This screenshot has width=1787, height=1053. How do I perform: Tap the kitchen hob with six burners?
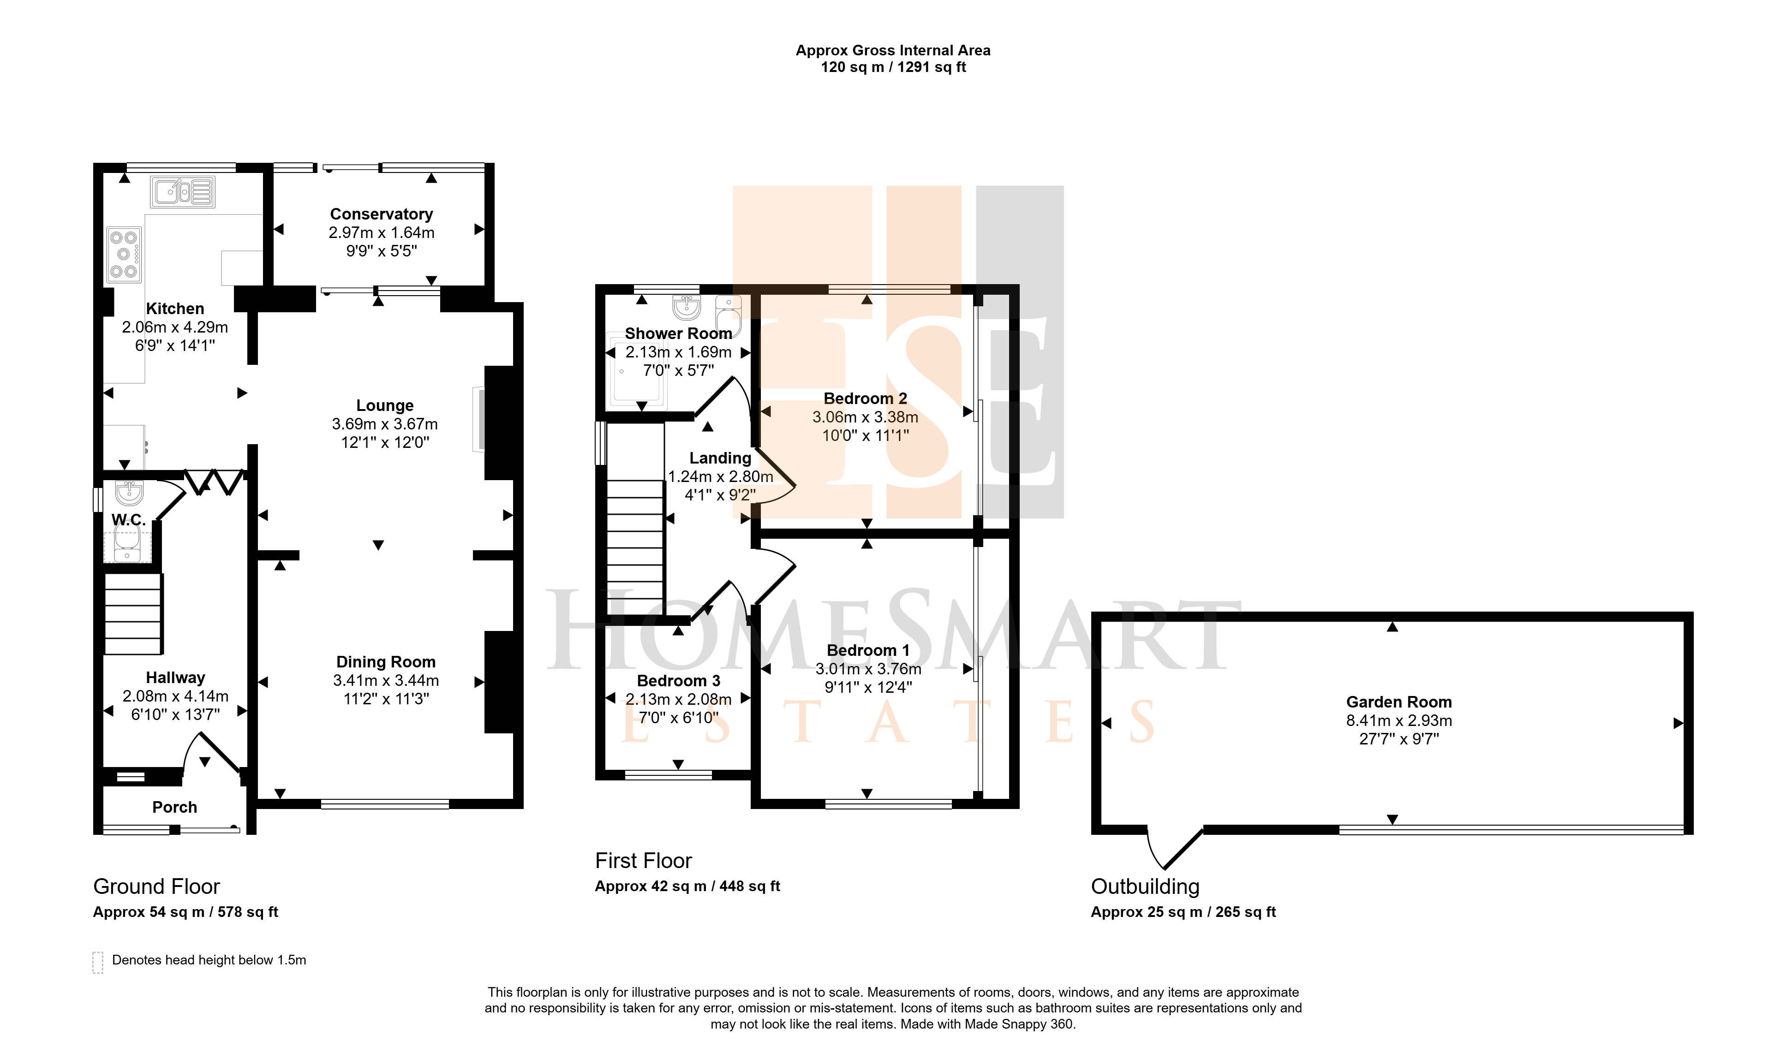click(x=124, y=255)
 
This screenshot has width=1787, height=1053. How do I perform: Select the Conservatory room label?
click(x=382, y=214)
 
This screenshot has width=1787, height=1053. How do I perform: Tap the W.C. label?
click(x=128, y=520)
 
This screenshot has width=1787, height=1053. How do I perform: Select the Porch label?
click(x=174, y=808)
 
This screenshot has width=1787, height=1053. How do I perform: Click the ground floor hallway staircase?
click(x=133, y=614)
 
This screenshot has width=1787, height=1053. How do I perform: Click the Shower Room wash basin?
click(x=686, y=307)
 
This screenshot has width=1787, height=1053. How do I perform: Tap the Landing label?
click(x=720, y=458)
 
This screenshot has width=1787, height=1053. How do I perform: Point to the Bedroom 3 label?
click(x=678, y=681)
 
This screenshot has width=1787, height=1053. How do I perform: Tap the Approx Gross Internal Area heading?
click(x=893, y=50)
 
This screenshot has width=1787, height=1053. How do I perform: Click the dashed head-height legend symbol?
click(x=98, y=963)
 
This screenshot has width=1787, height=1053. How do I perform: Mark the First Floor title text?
click(x=643, y=861)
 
